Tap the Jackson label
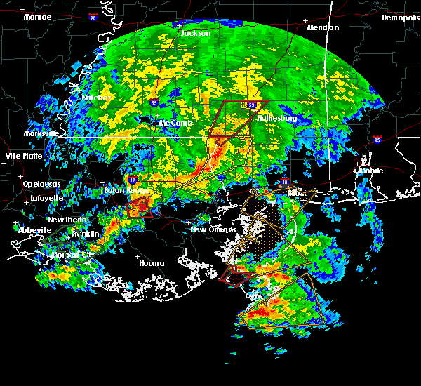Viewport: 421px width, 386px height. pos(196,33)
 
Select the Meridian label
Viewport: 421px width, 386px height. pos(323,27)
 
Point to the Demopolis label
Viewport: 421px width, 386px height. pos(401,18)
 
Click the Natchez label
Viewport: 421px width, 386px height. pos(96,98)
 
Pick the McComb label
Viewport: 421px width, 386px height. pos(175,123)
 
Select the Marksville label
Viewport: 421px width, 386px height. pos(41,133)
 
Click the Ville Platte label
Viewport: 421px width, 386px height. pos(24,156)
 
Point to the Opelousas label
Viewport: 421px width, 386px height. pos(41,184)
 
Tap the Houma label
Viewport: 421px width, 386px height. pos(152,263)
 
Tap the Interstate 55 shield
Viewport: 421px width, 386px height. pos(154,102)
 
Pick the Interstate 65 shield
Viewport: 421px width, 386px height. pos(377,140)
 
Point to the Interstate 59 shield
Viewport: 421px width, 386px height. pos(252,105)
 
